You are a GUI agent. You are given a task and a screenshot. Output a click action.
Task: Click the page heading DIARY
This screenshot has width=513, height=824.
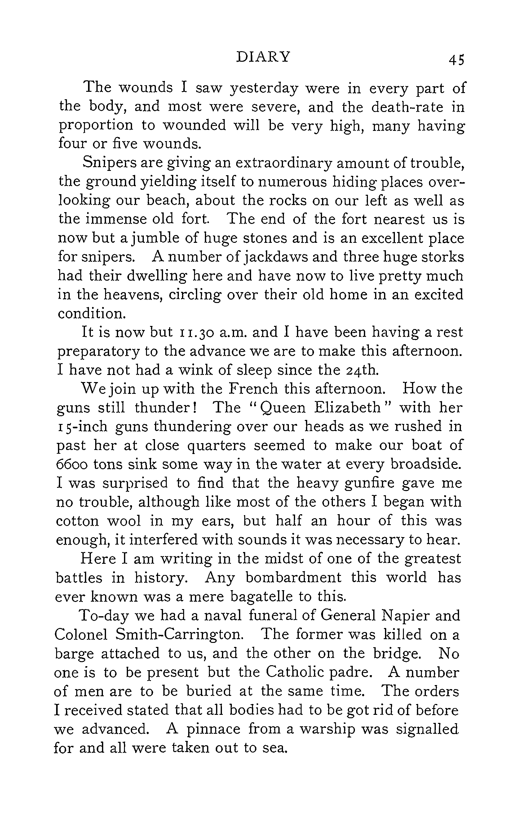tap(263, 57)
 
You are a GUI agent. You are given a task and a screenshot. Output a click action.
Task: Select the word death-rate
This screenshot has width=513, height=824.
tap(407, 107)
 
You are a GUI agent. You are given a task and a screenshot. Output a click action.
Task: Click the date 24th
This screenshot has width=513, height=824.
tap(363, 370)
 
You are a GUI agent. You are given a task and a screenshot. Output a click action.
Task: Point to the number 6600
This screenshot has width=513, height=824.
tap(71, 464)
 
